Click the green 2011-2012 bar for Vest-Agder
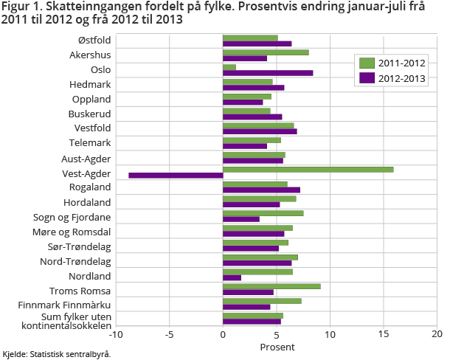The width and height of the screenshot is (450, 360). (x=308, y=170)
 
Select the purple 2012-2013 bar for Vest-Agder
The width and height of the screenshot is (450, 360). (x=176, y=176)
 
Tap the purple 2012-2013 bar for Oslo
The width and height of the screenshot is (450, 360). (x=267, y=73)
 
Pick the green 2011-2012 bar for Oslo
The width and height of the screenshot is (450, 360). (x=229, y=67)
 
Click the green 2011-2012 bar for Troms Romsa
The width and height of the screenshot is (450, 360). (x=271, y=286)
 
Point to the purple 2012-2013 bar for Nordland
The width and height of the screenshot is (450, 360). (x=232, y=277)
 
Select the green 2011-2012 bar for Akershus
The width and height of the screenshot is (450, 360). (x=266, y=52)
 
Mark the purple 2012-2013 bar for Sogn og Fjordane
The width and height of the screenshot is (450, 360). (x=240, y=219)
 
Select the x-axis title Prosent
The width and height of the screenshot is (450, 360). (x=277, y=347)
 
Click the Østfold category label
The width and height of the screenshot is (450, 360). (x=94, y=41)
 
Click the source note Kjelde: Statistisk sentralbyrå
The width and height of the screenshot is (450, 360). (x=57, y=354)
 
